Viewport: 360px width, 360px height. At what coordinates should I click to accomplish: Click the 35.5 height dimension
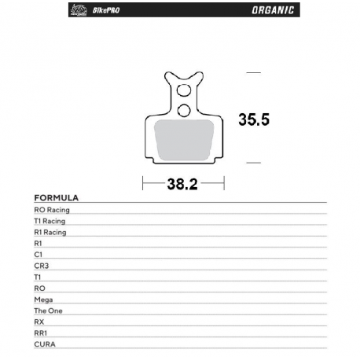pos(254,119)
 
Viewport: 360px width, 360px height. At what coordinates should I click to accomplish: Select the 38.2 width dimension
pos(182,185)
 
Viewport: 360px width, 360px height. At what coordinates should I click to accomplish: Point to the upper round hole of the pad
pos(184,87)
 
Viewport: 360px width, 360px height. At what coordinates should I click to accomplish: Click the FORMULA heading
pos(56,198)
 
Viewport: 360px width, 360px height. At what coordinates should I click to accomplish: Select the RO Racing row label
pos(52,211)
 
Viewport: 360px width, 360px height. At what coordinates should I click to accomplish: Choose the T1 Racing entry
pos(50,222)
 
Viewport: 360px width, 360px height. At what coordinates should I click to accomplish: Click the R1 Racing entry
pos(50,233)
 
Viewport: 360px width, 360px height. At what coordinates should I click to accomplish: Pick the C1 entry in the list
pos(39,255)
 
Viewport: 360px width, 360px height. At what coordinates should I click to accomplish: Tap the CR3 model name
pos(41,266)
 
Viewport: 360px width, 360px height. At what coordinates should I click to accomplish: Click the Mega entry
pos(43,299)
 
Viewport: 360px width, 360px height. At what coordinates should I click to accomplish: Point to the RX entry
pos(39,322)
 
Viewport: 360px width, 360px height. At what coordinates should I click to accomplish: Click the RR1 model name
pos(41,333)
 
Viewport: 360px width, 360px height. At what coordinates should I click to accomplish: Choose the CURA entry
pos(44,344)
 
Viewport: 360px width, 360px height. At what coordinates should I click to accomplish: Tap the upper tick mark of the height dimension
pos(253,72)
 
